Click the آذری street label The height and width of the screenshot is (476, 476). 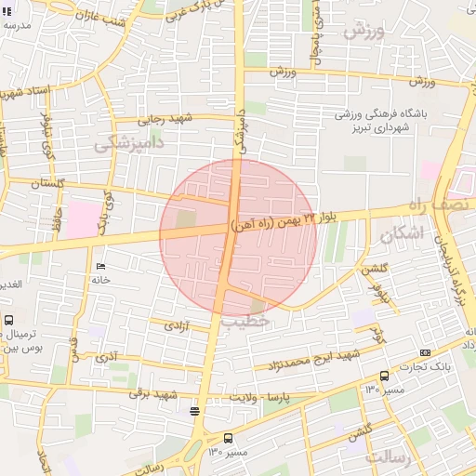(106, 356)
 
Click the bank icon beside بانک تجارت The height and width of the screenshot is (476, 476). (426, 353)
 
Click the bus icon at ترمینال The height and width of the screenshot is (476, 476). (9, 320)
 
